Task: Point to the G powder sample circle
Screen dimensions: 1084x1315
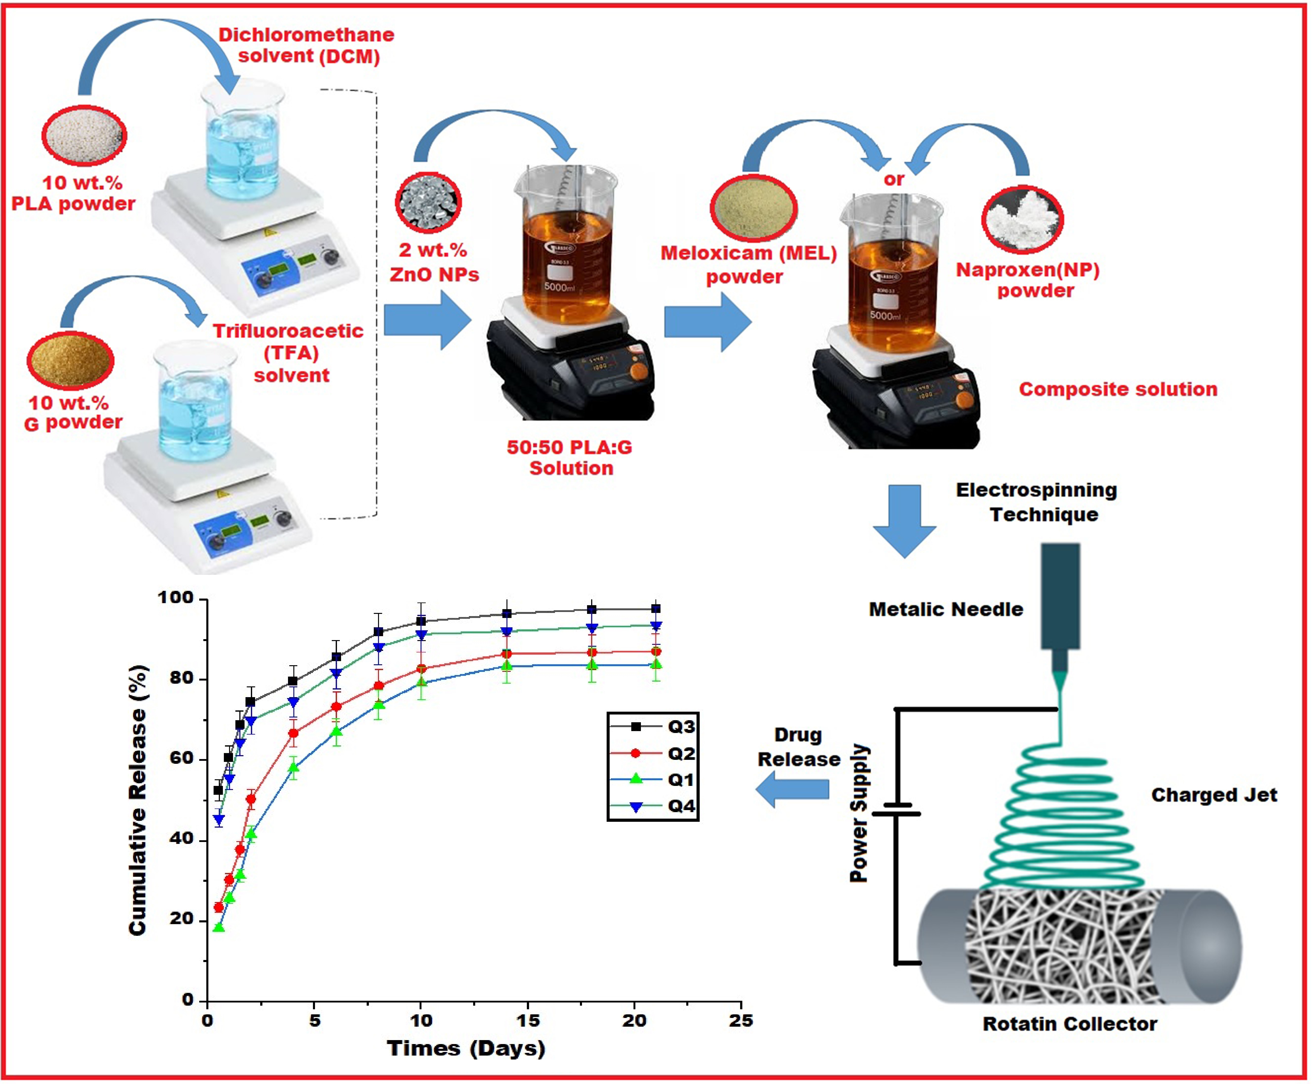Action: (x=70, y=361)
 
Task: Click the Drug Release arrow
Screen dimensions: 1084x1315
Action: (x=792, y=789)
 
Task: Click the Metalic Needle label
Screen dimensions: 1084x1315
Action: (x=945, y=609)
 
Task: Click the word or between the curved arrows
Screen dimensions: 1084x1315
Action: (x=894, y=179)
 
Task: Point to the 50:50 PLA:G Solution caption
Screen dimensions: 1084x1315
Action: (x=570, y=458)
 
